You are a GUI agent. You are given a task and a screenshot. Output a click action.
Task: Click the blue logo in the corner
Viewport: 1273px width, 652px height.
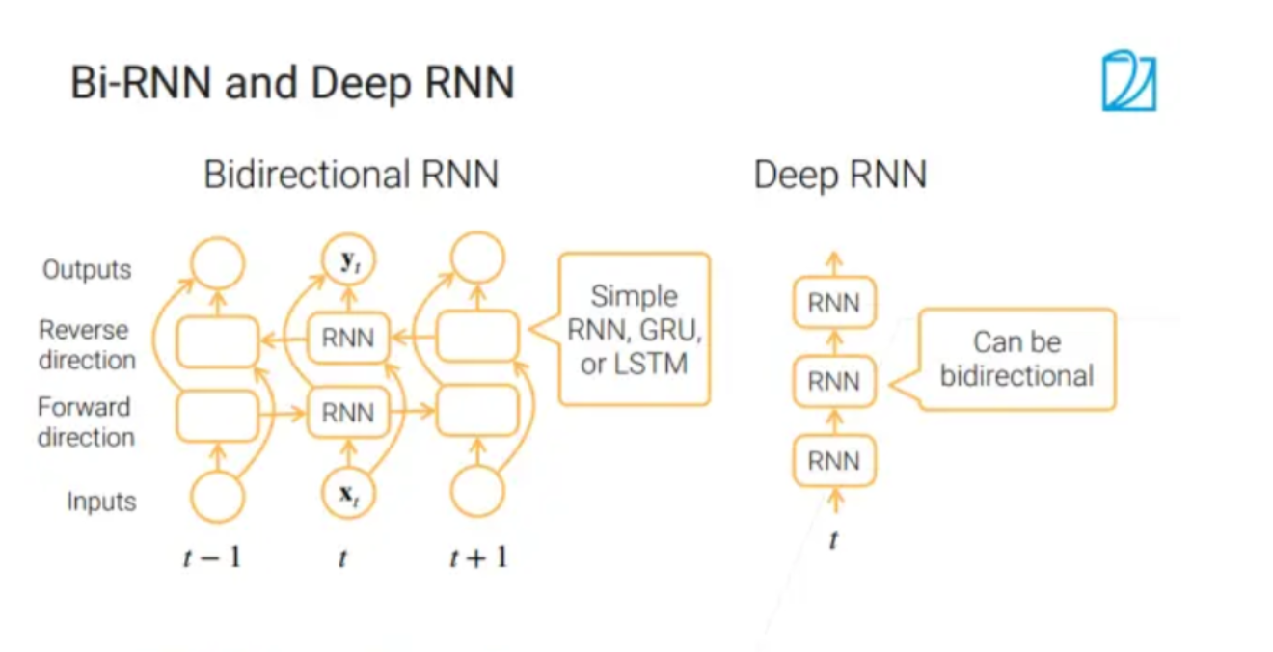point(1128,80)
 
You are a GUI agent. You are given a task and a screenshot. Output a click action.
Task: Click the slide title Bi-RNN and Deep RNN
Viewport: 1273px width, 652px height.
point(292,83)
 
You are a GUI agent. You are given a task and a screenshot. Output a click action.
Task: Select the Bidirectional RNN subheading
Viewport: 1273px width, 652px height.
point(351,176)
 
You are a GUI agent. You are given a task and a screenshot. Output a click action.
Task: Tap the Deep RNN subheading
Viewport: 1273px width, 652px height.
point(839,176)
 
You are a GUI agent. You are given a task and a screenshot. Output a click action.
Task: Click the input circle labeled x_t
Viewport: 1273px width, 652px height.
point(347,495)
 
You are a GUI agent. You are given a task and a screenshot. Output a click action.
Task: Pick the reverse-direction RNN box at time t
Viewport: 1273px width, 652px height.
point(347,339)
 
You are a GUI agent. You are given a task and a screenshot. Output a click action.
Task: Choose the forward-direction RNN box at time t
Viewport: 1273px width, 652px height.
point(347,413)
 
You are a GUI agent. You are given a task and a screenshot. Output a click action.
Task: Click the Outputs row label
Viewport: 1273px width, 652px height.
point(87,269)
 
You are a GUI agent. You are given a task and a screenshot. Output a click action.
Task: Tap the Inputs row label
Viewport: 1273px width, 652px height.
point(101,502)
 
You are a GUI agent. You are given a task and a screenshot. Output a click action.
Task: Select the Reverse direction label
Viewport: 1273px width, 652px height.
point(87,345)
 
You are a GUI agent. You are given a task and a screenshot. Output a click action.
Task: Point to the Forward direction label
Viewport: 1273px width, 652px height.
point(85,422)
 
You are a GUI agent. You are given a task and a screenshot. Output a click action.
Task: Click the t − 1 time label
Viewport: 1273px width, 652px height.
point(212,557)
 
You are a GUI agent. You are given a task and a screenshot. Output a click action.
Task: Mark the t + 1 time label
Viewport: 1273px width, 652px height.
point(477,557)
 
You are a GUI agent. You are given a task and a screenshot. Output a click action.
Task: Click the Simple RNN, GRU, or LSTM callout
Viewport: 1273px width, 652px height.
point(634,329)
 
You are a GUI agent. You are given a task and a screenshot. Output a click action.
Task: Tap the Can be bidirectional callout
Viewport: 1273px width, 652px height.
point(1016,359)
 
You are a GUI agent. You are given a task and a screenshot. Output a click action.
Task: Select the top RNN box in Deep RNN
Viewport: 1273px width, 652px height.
point(834,304)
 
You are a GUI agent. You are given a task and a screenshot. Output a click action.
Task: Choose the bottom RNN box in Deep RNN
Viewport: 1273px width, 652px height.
point(834,461)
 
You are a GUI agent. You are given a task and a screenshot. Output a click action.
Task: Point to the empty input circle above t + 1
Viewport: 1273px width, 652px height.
point(477,495)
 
